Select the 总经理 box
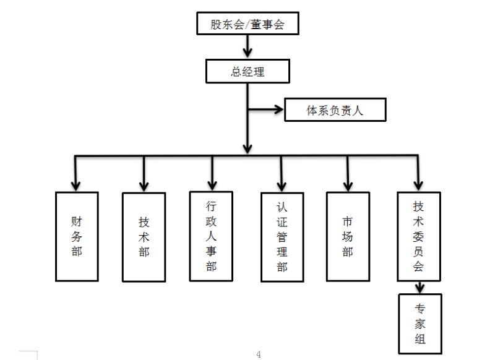point(247,71)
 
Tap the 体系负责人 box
point(335,110)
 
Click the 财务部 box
point(77,236)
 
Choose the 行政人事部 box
point(212,235)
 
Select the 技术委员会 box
point(419,236)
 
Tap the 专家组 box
point(420,324)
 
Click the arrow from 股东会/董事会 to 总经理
point(247,46)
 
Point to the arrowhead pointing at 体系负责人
point(278,111)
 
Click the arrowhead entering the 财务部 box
point(76,184)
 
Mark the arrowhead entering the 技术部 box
point(144,185)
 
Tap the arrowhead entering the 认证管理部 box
point(282,184)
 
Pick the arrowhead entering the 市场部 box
point(348,184)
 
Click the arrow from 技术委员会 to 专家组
point(420,287)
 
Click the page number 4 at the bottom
point(259,354)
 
